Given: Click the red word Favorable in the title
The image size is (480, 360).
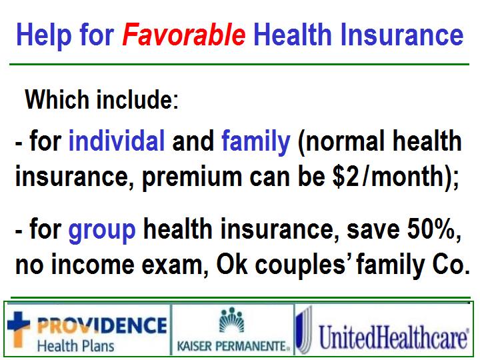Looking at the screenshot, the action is (x=184, y=34).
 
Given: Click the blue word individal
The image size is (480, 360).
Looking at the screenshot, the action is (x=117, y=141).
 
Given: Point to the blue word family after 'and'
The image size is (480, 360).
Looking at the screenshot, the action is (x=255, y=143).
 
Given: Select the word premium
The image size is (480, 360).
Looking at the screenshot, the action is (x=192, y=178).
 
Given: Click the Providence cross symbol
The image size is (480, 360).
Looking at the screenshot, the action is (x=19, y=328).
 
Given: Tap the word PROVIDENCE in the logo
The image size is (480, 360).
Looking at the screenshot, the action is (x=102, y=325).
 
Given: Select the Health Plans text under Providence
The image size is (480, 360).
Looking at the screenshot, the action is (x=75, y=345).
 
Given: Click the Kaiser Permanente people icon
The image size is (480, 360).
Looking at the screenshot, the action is (x=232, y=320).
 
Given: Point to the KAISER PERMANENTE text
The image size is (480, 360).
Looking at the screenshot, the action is (x=233, y=346).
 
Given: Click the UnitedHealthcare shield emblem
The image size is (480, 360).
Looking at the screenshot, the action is (x=305, y=331).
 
